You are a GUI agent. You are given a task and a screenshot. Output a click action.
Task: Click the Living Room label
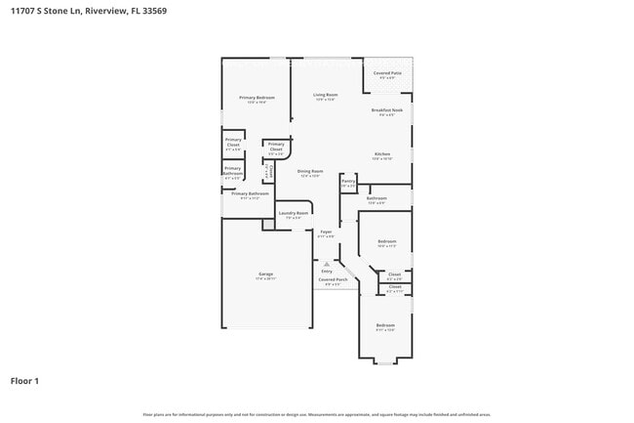coord(325,95)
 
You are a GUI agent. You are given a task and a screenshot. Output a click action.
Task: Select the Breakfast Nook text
coord(387,110)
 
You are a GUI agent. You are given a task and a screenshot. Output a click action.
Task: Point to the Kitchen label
coord(382,154)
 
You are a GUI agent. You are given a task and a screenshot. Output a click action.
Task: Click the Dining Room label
coord(309,171)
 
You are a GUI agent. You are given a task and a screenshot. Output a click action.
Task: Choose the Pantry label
coord(348,181)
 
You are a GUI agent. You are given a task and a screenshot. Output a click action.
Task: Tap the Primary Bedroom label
coord(258,98)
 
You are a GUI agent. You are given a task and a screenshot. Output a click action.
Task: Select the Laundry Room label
coord(294,213)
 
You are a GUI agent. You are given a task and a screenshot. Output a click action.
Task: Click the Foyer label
coord(326,232)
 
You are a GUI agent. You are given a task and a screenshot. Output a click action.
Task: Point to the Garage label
coord(265,275)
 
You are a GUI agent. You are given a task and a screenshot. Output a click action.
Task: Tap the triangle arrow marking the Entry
coord(327,264)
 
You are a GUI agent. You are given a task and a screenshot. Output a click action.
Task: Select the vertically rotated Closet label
coord(269,173)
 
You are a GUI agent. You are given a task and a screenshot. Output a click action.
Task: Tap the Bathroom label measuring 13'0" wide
coord(376,198)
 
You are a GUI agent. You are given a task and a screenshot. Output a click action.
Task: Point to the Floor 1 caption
coord(24,380)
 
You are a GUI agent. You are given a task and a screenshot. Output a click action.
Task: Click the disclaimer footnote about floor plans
coord(317,414)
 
